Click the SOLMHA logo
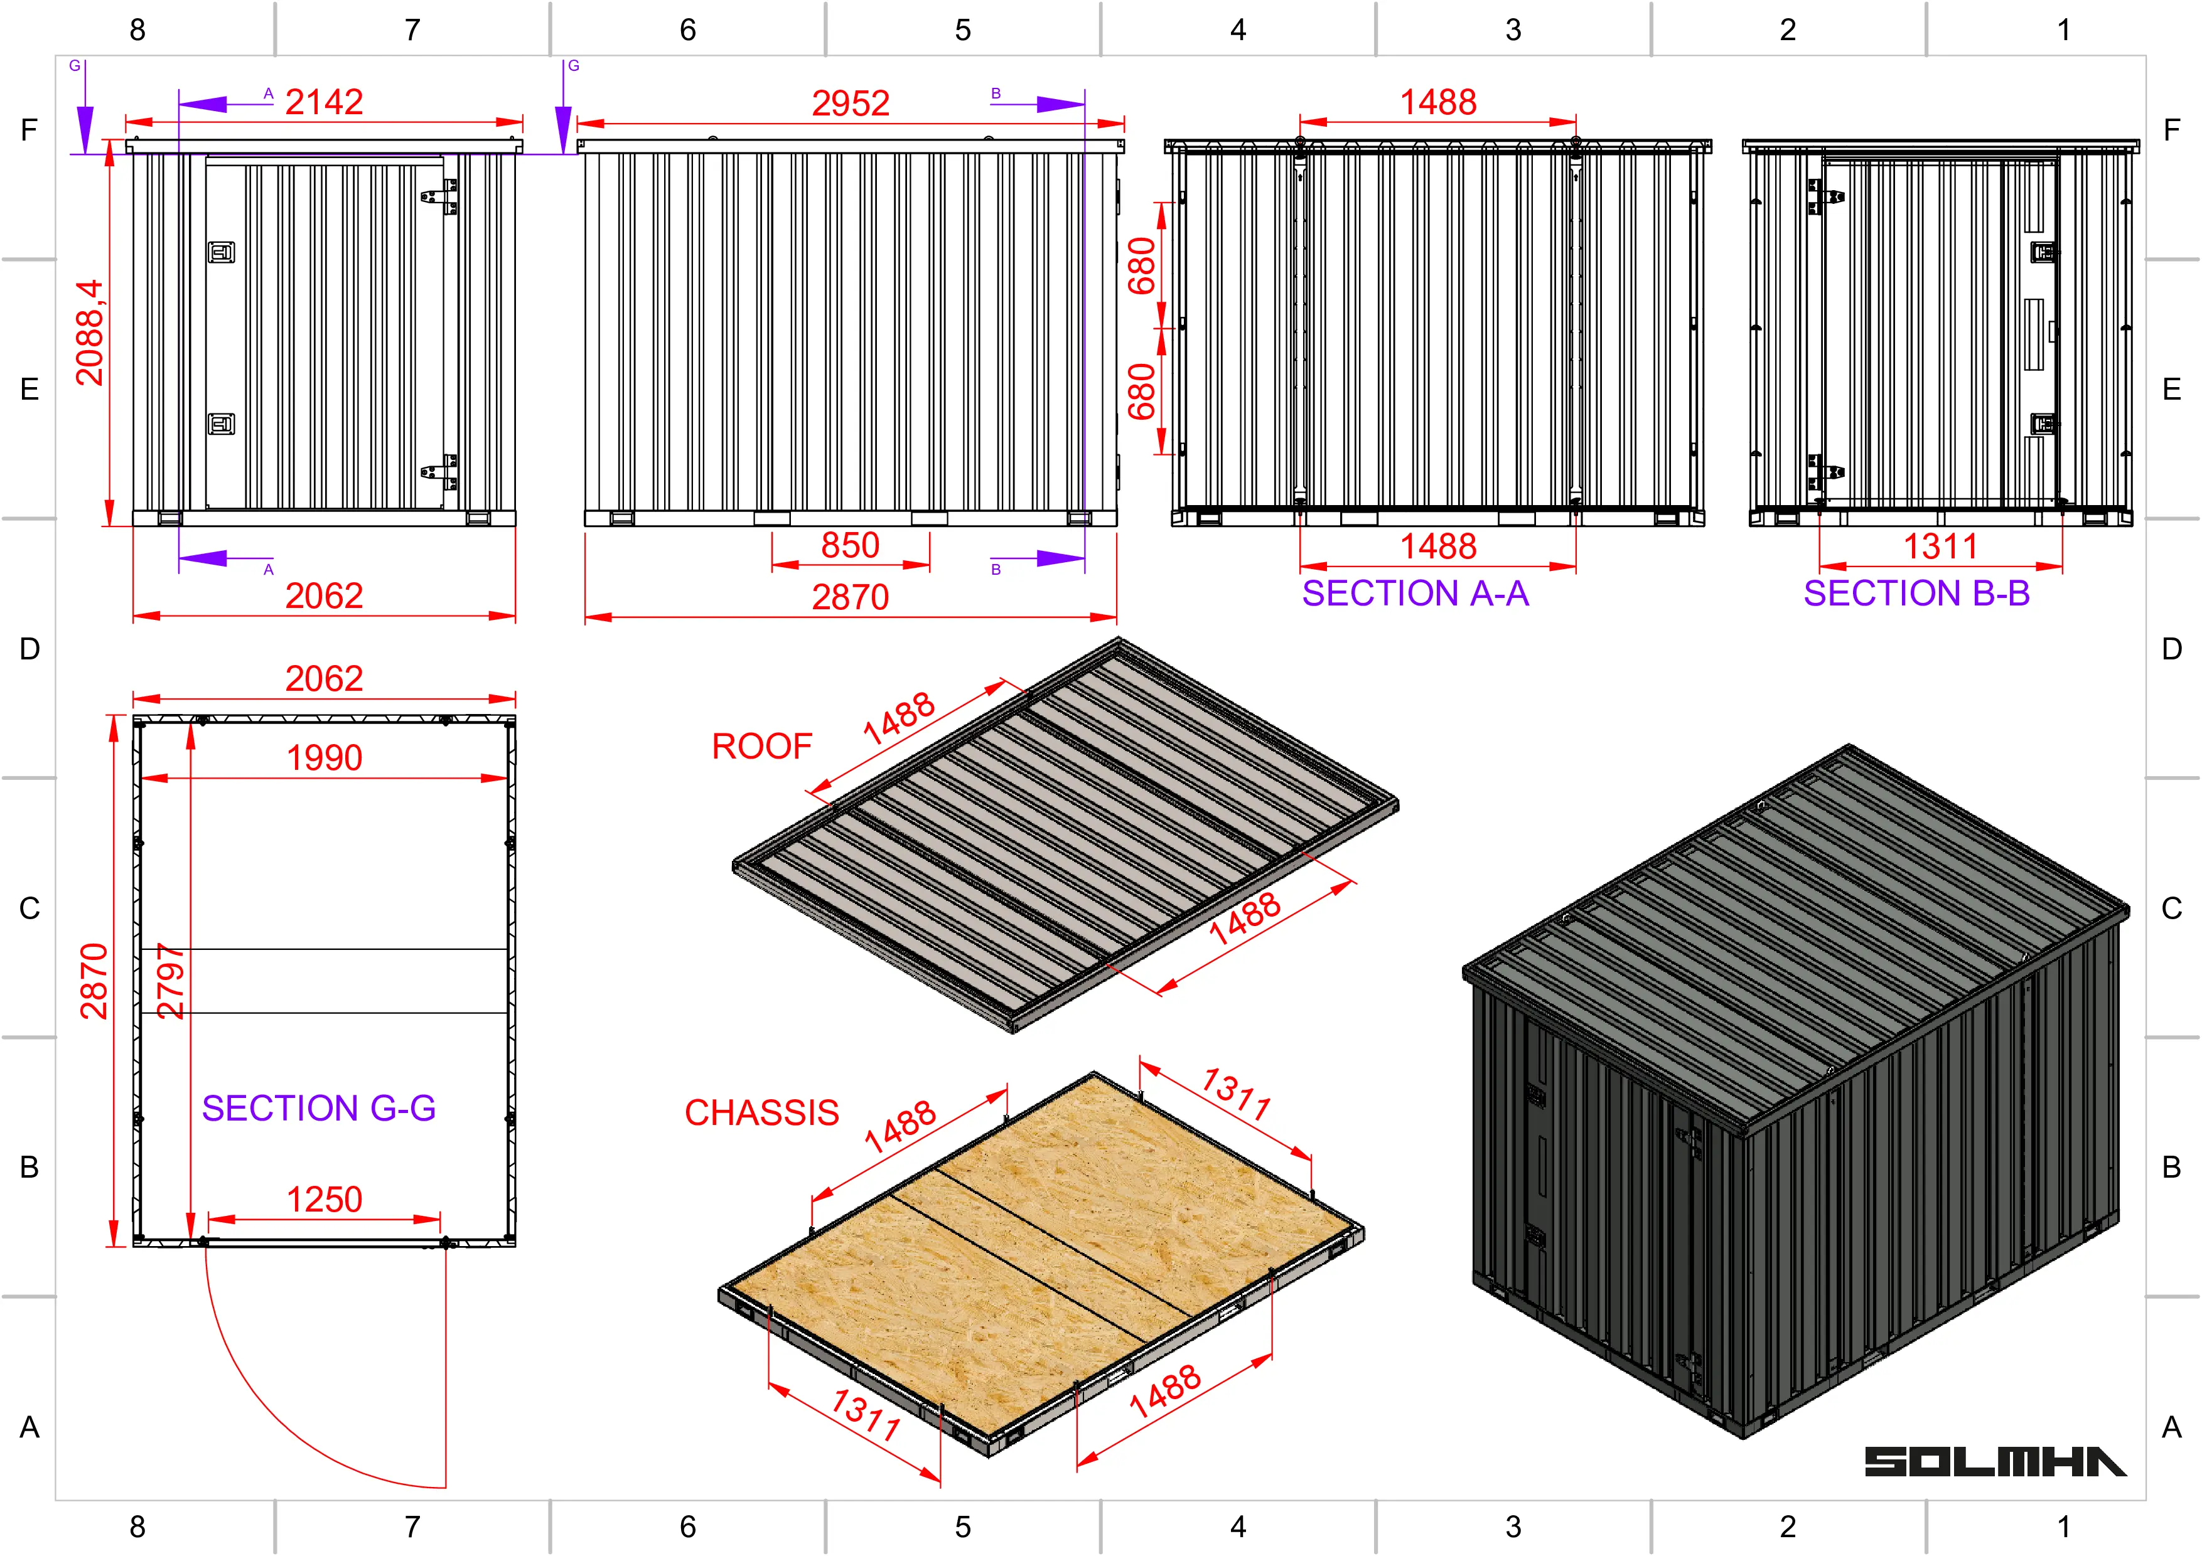(1995, 1461)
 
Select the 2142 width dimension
(324, 102)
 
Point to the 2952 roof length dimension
(851, 102)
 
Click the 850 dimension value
(851, 545)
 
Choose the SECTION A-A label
(1415, 594)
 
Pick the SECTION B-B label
(1916, 594)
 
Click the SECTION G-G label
(318, 1108)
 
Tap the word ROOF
(761, 746)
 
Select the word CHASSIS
(761, 1112)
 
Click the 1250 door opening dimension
(324, 1200)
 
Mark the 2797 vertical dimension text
(171, 980)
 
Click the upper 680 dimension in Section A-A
(1141, 265)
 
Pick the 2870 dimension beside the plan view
(94, 980)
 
